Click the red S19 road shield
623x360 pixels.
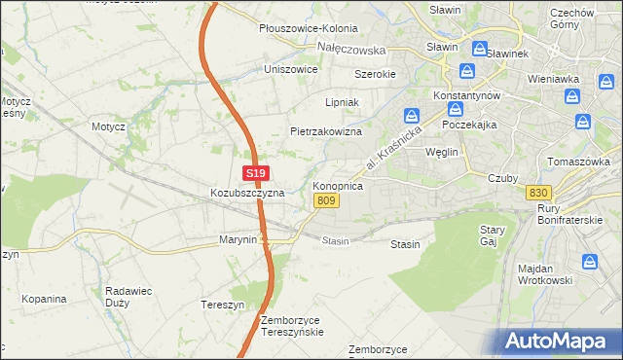(255, 173)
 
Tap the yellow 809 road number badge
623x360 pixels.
(326, 200)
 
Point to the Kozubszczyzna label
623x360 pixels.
(247, 193)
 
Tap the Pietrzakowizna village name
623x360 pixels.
(326, 130)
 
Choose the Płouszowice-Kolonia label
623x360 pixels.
(308, 29)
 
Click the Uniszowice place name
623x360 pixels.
(292, 69)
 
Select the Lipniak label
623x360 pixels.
(342, 101)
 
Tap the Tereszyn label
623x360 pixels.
(222, 303)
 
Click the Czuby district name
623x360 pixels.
(503, 177)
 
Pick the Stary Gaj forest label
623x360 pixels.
(492, 235)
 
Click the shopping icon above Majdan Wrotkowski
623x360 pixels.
(590, 262)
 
